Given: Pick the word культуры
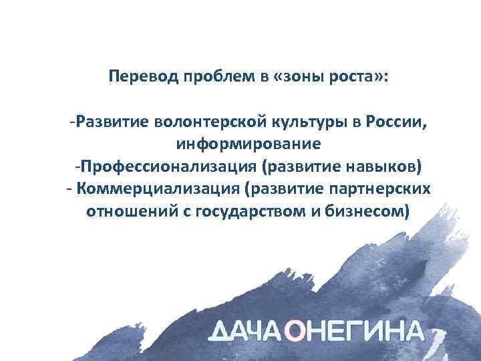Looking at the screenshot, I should (x=285, y=122).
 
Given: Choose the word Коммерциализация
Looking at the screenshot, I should (x=158, y=188).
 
